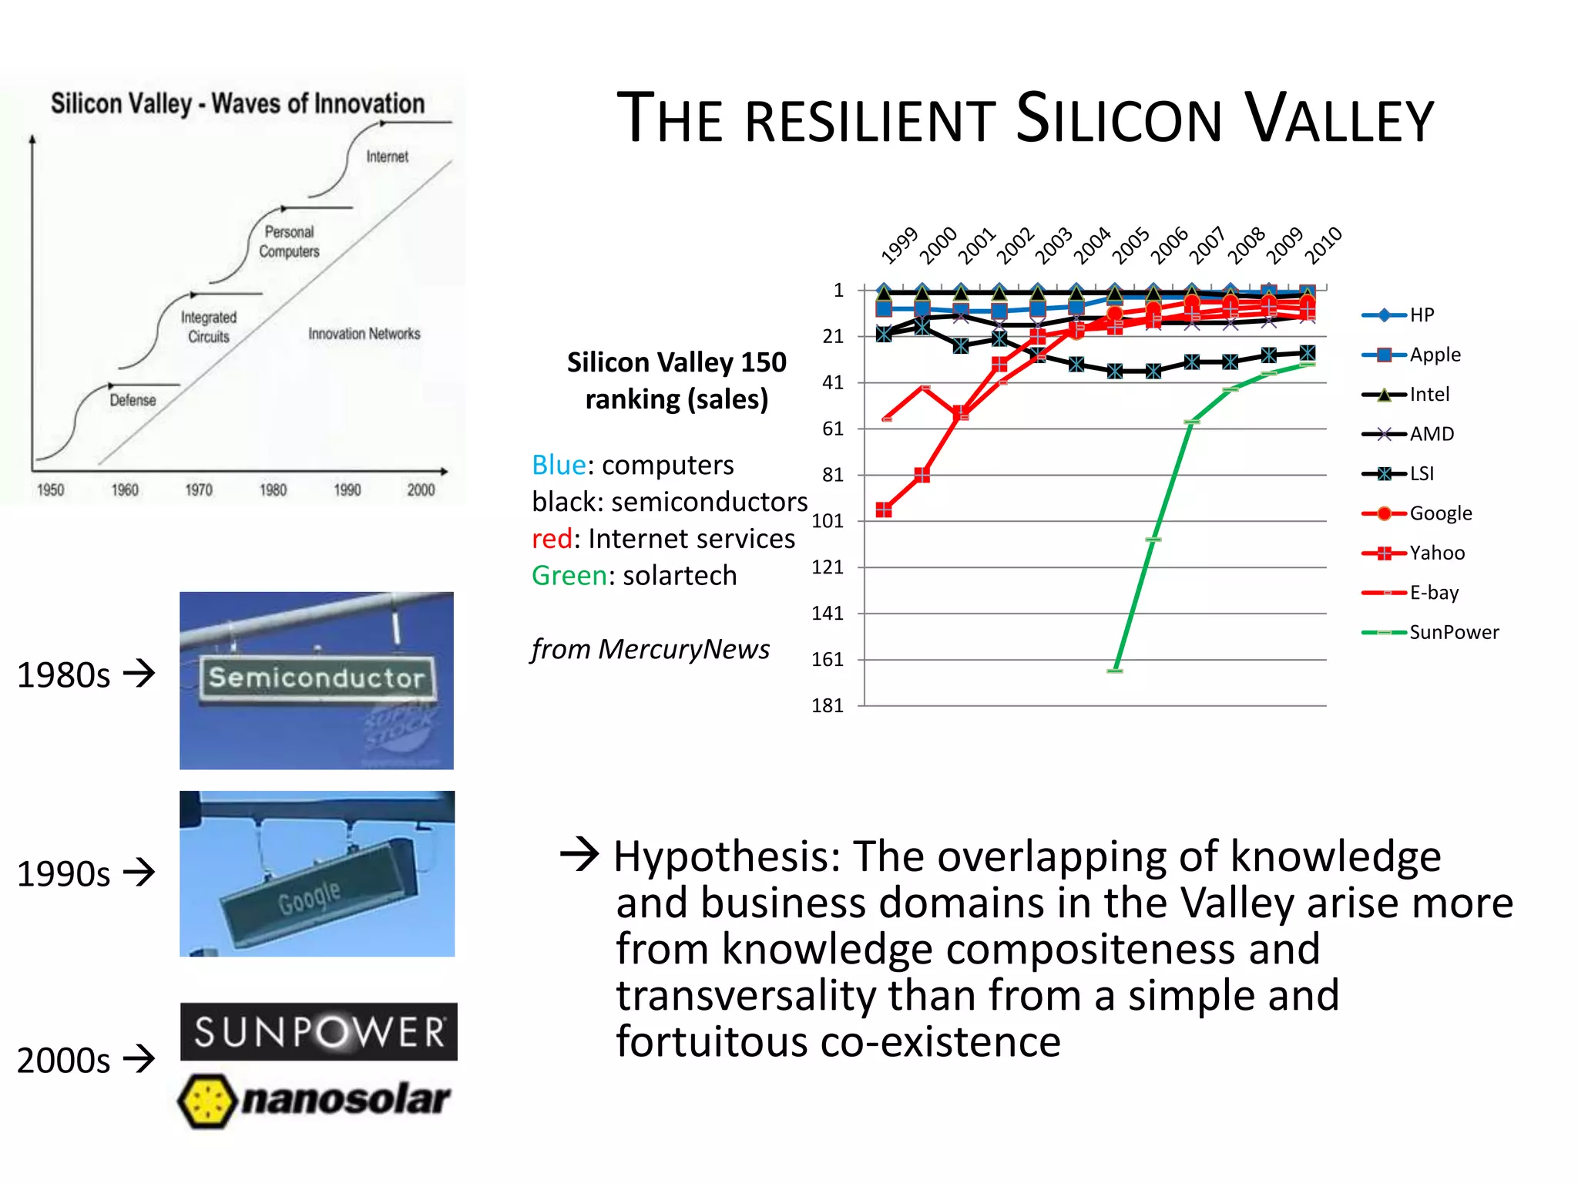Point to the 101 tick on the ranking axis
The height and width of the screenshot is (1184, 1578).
pos(828,521)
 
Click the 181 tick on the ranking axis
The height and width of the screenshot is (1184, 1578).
pos(828,705)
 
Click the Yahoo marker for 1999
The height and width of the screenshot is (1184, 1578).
pos(884,510)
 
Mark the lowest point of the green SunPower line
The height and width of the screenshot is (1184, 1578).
pos(1115,670)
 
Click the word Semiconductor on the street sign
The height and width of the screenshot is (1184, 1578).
pos(317,678)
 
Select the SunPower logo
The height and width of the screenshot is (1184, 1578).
pos(318,1031)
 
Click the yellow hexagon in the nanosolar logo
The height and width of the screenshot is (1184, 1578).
pos(206,1101)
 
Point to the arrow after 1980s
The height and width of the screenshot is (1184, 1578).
pos(139,674)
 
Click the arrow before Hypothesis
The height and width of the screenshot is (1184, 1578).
pos(579,854)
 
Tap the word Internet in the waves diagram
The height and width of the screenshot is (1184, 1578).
pos(387,156)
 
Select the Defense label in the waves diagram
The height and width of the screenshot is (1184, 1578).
pos(133,400)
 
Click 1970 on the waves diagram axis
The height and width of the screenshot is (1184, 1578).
pos(199,489)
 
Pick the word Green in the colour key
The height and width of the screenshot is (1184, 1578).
pos(569,576)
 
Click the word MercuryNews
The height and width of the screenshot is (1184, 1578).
pos(683,650)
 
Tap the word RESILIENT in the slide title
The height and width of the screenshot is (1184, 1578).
pos(870,121)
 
